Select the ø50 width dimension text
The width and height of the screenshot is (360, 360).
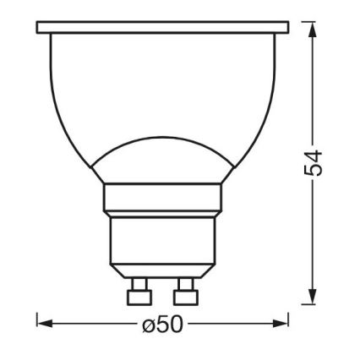coord(162,323)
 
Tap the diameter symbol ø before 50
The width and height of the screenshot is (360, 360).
coord(149,323)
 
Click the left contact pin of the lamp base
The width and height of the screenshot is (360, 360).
coord(135,296)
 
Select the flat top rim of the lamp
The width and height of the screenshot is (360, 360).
coord(162,28)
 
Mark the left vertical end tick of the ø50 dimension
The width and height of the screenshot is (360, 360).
coord(37,321)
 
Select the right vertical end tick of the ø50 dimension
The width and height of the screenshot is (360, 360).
coord(289,321)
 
